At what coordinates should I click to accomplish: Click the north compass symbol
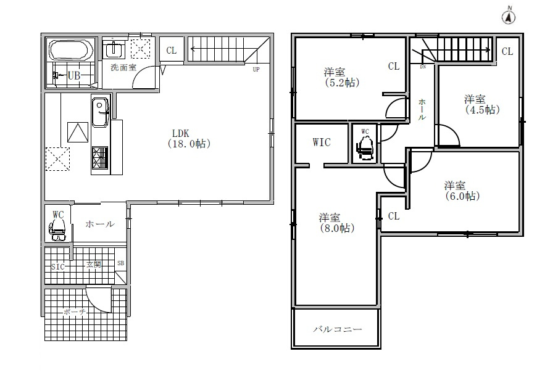pos(509,17)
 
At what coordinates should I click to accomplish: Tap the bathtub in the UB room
pos(71,50)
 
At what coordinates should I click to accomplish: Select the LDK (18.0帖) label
pos(189,139)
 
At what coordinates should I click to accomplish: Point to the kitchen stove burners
pos(100,157)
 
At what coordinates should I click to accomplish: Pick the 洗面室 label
pos(123,68)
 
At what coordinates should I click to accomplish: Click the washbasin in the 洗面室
pos(114,49)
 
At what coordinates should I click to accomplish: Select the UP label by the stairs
pos(256,70)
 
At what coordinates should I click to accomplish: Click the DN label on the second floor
pos(423,67)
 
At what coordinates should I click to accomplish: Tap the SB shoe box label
pos(120,263)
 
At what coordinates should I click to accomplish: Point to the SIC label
pos(57,266)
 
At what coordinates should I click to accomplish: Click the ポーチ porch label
pos(75,312)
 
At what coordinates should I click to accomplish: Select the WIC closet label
pos(322,142)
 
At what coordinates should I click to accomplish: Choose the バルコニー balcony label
pos(338,329)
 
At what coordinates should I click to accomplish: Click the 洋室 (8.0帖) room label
pos(336,223)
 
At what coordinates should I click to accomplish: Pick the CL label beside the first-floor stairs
pos(172,51)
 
